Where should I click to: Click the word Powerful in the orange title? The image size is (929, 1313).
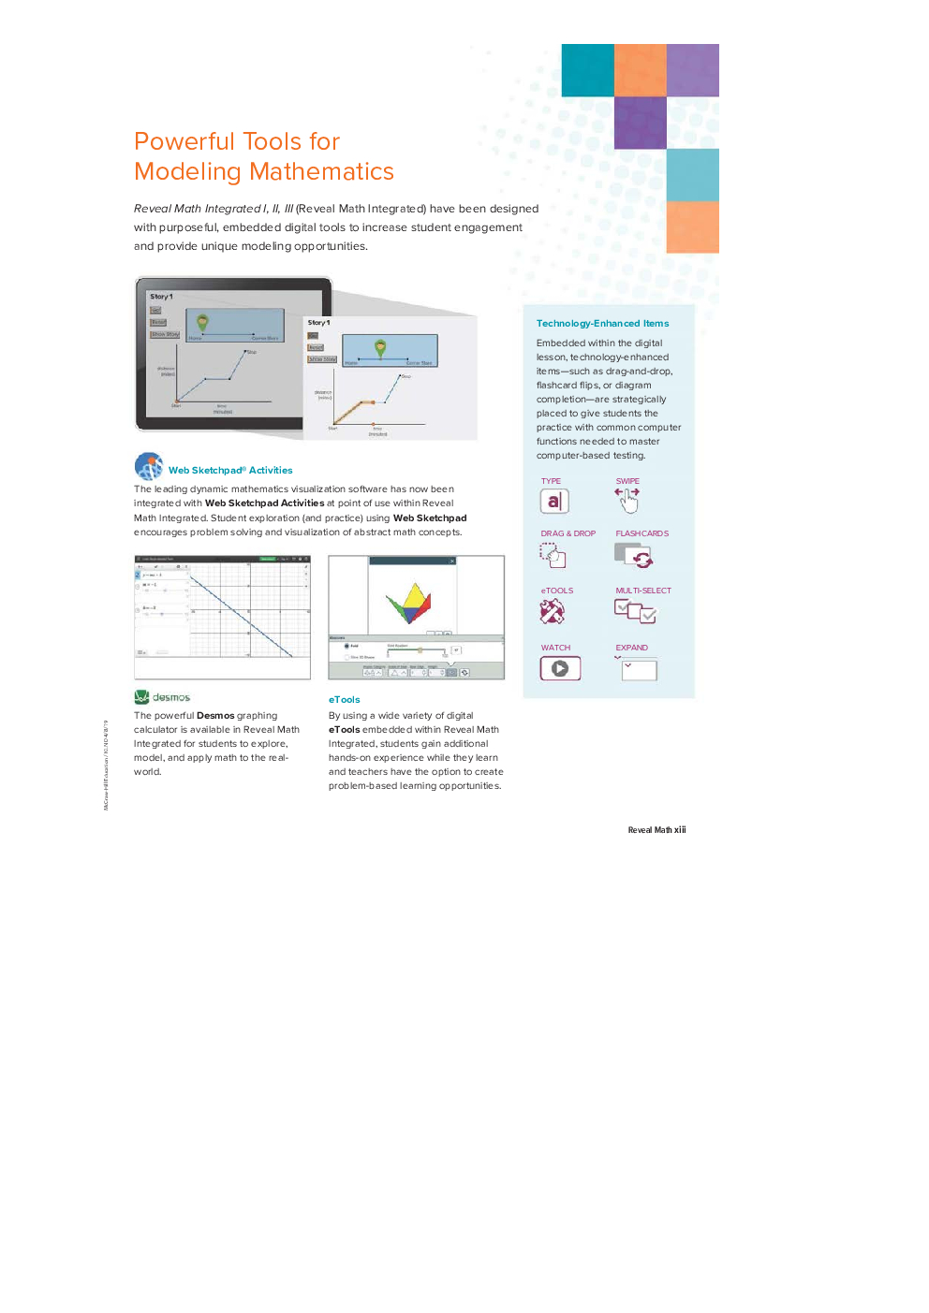pos(184,141)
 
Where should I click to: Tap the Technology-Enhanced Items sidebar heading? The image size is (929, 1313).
pos(602,324)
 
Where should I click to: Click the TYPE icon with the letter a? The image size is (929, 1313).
pos(553,502)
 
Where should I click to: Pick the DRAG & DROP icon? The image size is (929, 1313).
pos(553,556)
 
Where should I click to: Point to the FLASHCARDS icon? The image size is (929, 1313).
pos(634,556)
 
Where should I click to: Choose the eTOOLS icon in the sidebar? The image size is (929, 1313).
pos(553,612)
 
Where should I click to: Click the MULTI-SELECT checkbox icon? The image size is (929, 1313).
pos(635,612)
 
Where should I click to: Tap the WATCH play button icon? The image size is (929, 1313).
pos(560,668)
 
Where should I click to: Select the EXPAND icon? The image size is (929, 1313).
pos(638,669)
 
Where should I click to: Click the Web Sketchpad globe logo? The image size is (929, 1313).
pos(149,466)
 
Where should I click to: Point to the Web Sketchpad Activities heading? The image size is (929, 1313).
pos(230,471)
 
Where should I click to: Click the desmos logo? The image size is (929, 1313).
pos(162,697)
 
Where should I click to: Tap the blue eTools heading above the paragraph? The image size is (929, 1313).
pos(344,700)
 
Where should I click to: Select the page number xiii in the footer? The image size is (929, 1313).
pos(680,830)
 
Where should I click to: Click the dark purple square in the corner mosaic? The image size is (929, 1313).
pos(641,123)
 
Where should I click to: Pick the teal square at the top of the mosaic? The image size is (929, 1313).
pos(587,70)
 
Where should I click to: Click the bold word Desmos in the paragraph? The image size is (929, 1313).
pos(215,716)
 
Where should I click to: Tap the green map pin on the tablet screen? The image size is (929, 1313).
pos(202,322)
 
